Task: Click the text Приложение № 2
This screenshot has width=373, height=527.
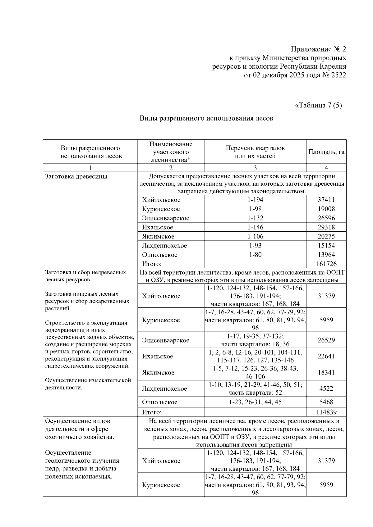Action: (318, 49)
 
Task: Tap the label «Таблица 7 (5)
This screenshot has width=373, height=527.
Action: (318, 105)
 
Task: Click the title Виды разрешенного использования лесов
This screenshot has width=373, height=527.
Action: (206, 118)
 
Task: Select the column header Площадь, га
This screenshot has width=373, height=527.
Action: (326, 152)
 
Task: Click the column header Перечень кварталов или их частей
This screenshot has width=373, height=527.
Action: (255, 152)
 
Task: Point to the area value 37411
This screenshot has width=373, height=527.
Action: (326, 200)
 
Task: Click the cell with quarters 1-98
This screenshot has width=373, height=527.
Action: (255, 209)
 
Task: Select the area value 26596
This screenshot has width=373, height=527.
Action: (326, 218)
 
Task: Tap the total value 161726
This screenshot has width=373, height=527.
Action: (326, 264)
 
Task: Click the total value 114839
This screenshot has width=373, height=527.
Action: (326, 412)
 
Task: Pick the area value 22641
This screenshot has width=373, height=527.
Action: (326, 356)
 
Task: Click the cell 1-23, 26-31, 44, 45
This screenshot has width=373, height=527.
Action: (255, 402)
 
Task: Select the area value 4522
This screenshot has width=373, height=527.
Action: (326, 388)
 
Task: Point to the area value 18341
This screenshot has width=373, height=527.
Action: (326, 372)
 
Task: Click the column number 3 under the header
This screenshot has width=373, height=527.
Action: (255, 168)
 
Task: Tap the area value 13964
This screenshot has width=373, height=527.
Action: (326, 255)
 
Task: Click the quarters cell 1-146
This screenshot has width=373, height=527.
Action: (255, 227)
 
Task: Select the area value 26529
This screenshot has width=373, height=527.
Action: (326, 340)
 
